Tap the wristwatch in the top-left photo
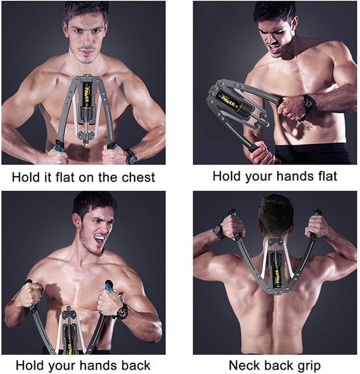pos(132,157)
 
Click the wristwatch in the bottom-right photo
pos(219,232)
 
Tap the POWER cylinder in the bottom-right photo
pos(277,274)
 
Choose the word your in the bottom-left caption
pos(61,366)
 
